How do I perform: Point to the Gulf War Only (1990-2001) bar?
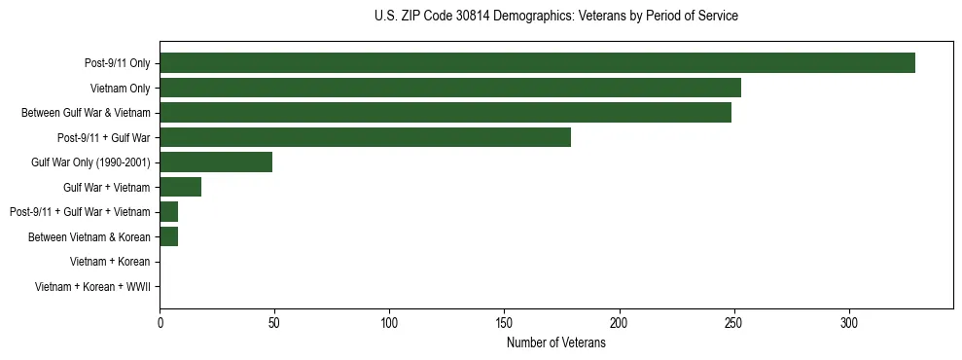(x=216, y=162)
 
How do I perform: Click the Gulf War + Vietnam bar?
(x=180, y=187)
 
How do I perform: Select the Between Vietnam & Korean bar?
(x=168, y=236)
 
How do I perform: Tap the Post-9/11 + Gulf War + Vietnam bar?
(x=168, y=212)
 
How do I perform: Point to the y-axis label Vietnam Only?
(x=120, y=89)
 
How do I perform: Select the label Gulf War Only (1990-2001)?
(x=90, y=162)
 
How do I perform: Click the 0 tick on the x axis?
(x=160, y=323)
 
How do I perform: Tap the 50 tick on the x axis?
(x=274, y=323)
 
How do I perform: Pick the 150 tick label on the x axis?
(x=504, y=323)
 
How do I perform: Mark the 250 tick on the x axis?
(x=733, y=323)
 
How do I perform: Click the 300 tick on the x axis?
(x=848, y=323)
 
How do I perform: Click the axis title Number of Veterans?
(x=555, y=343)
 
